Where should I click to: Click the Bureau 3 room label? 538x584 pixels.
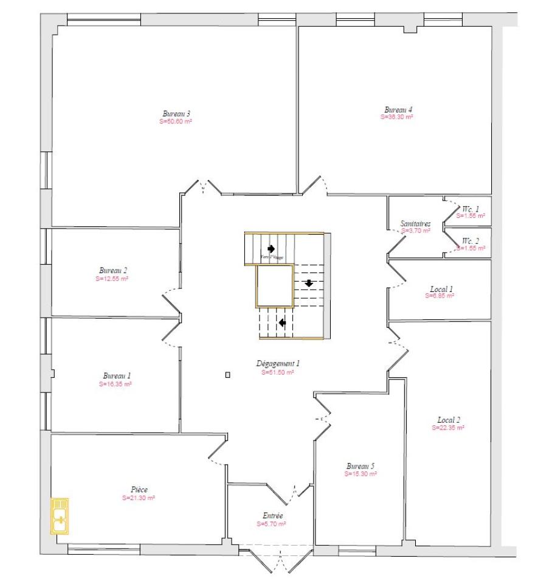pyautogui.click(x=176, y=113)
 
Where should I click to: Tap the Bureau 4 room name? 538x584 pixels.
pyautogui.click(x=398, y=109)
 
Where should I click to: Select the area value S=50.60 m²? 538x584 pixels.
pyautogui.click(x=176, y=122)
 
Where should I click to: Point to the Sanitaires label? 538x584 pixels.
pyautogui.click(x=416, y=223)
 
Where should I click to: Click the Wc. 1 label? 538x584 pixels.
pyautogui.click(x=470, y=209)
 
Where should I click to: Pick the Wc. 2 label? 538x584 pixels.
pyautogui.click(x=470, y=240)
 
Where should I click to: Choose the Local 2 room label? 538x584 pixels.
pyautogui.click(x=449, y=420)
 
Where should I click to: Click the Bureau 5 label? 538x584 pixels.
pyautogui.click(x=360, y=466)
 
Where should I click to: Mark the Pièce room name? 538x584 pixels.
pyautogui.click(x=139, y=490)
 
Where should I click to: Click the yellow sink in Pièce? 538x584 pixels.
pyautogui.click(x=60, y=515)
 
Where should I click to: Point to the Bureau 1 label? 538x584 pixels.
pyautogui.click(x=117, y=376)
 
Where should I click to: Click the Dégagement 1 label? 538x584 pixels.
pyautogui.click(x=278, y=364)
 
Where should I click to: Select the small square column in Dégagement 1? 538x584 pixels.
pyautogui.click(x=227, y=375)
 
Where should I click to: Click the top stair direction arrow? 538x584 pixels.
pyautogui.click(x=271, y=248)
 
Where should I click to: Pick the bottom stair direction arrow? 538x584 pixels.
pyautogui.click(x=282, y=322)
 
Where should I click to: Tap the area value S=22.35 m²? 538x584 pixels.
pyautogui.click(x=449, y=428)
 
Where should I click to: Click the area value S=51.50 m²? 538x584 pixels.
pyautogui.click(x=278, y=372)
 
